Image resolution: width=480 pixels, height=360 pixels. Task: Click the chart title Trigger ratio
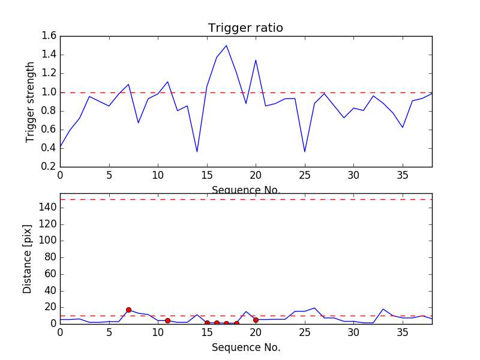[245, 28]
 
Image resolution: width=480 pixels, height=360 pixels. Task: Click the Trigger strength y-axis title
[31, 102]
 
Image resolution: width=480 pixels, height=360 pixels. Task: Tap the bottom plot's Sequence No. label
[246, 347]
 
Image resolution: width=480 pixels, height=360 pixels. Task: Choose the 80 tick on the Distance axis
[48, 257]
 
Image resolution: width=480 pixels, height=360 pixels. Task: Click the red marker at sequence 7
[128, 310]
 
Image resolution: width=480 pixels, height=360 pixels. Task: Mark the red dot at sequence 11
[167, 320]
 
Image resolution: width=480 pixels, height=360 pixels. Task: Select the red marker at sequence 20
[256, 320]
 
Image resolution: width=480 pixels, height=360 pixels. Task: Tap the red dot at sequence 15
[207, 323]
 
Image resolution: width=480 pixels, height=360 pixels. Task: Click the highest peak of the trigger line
[226, 46]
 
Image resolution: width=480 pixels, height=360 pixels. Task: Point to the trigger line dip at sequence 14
[197, 152]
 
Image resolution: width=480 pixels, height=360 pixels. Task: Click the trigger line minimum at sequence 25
[305, 152]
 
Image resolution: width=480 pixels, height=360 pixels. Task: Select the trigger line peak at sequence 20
[256, 60]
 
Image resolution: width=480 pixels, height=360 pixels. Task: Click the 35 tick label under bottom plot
[403, 333]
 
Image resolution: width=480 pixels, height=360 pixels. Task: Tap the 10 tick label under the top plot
[158, 176]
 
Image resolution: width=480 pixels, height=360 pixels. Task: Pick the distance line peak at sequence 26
[314, 308]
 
